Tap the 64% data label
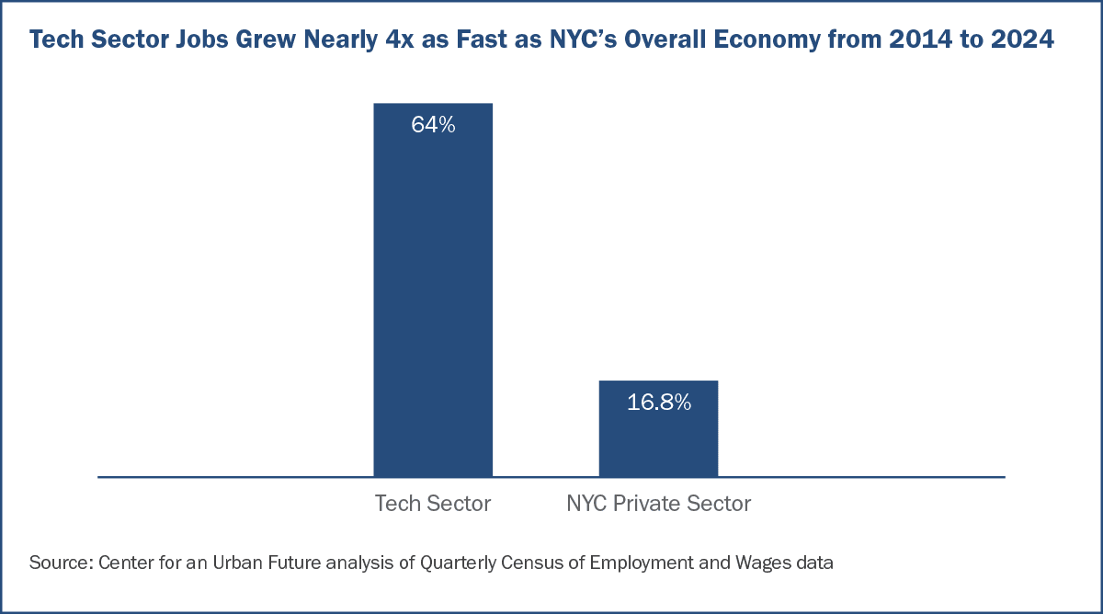point(433,126)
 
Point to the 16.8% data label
point(658,403)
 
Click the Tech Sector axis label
point(433,504)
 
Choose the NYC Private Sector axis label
point(659,504)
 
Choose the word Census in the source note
point(530,562)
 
